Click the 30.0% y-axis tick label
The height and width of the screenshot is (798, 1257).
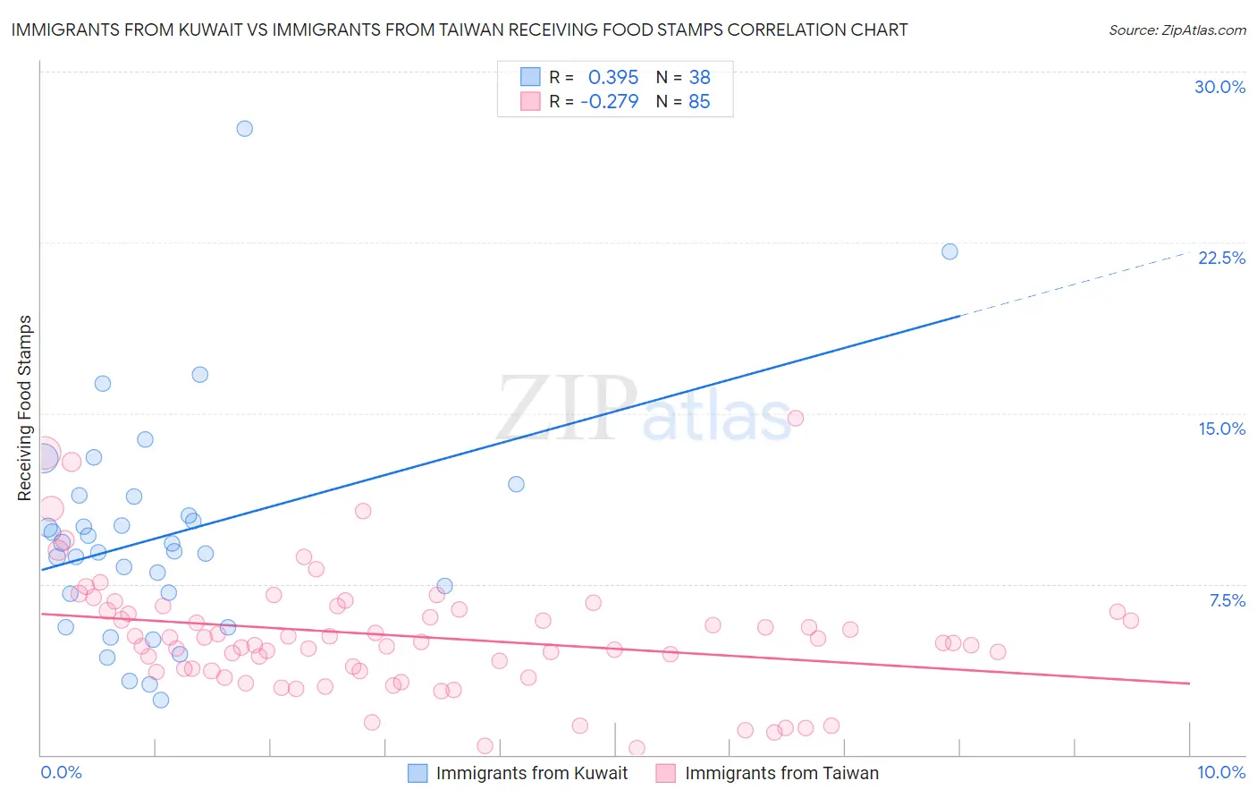[1219, 87]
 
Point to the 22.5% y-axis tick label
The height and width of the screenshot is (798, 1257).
[1221, 258]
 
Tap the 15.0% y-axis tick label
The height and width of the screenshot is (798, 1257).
[1221, 429]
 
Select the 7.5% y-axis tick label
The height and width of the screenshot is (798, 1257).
[1227, 600]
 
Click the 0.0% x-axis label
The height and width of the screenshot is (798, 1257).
[61, 772]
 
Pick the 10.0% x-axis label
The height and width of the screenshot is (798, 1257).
[1221, 772]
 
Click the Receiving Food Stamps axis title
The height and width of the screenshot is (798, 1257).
[25, 408]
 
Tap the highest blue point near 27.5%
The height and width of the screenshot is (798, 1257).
[244, 129]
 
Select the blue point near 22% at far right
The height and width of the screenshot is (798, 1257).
[949, 251]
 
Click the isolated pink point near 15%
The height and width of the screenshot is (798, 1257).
[796, 418]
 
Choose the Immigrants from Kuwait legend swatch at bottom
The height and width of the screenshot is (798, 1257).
[418, 773]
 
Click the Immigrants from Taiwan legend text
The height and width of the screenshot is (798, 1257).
[781, 773]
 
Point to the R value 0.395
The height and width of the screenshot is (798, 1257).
[613, 78]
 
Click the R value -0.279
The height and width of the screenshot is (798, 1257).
[610, 102]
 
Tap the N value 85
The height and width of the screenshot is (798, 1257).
[699, 102]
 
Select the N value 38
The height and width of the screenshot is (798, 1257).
[699, 78]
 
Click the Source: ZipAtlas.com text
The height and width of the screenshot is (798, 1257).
[1177, 30]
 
